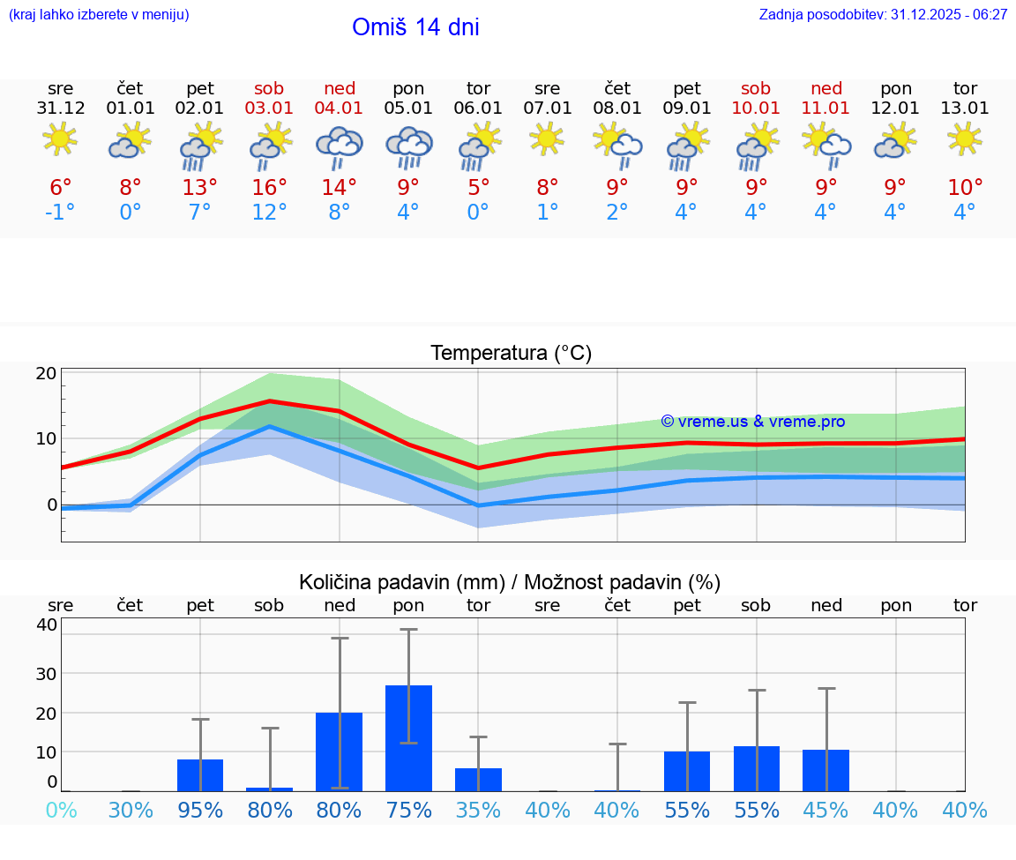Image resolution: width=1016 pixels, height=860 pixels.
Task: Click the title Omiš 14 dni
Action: pyautogui.click(x=415, y=27)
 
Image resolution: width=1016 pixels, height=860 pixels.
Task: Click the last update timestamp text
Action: pyautogui.click(x=883, y=15)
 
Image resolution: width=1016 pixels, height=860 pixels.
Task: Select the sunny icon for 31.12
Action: pyautogui.click(x=60, y=139)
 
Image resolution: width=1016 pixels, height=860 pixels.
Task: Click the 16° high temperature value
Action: pyautogui.click(x=270, y=188)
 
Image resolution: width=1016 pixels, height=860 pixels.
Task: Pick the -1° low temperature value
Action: pyautogui.click(x=60, y=213)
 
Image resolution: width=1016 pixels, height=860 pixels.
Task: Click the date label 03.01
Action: pyautogui.click(x=270, y=108)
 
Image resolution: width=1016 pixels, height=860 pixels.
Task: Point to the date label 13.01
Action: pyautogui.click(x=965, y=108)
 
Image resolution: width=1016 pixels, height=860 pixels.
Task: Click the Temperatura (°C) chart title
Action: pyautogui.click(x=511, y=354)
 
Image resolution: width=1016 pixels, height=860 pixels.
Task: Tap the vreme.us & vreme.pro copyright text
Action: pyautogui.click(x=752, y=422)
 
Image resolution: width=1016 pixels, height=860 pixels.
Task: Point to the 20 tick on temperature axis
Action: pyautogui.click(x=47, y=373)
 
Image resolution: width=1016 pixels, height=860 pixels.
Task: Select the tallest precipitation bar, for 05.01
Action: pyautogui.click(x=408, y=737)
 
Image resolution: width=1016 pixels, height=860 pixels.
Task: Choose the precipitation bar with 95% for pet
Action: pyautogui.click(x=200, y=774)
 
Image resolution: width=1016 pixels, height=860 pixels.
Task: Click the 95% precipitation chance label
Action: pyautogui.click(x=200, y=811)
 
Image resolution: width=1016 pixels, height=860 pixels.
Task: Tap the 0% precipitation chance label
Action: pyautogui.click(x=61, y=811)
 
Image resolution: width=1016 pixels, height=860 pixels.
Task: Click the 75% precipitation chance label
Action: pyautogui.click(x=408, y=811)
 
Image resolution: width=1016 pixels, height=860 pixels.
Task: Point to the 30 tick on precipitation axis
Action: pyautogui.click(x=47, y=673)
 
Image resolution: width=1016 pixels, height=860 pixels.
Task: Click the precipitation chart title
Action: pyautogui.click(x=510, y=582)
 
